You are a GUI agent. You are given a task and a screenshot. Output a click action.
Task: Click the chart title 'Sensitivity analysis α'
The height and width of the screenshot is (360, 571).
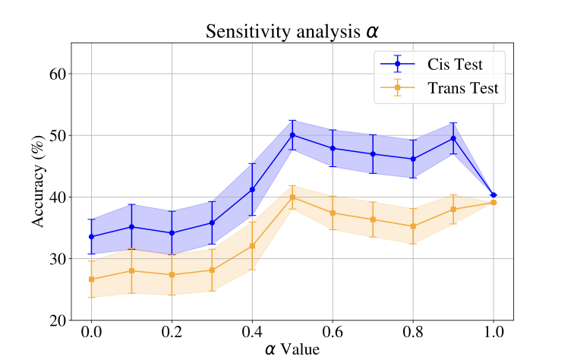pos(292,32)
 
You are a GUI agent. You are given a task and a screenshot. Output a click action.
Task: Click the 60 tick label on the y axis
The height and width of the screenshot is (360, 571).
pos(56,74)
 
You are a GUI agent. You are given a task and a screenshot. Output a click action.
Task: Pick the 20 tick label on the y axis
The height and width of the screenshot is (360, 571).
pos(56,321)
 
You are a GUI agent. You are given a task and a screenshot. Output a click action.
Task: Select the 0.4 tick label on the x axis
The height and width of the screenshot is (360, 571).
pos(252,333)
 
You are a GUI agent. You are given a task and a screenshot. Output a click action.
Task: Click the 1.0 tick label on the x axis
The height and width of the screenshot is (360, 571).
pos(494,333)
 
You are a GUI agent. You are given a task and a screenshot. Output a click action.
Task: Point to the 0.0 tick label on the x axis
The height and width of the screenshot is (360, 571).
pos(91,333)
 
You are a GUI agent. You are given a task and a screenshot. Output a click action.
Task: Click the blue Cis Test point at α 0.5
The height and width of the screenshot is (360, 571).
pos(292,135)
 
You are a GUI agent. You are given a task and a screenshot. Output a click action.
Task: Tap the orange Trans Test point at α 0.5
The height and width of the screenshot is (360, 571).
pos(292,197)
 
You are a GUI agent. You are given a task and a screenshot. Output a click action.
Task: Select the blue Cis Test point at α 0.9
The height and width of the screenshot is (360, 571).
pos(453,138)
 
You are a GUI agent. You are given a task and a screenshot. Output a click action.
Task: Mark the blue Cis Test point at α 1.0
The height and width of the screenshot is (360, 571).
pos(494,195)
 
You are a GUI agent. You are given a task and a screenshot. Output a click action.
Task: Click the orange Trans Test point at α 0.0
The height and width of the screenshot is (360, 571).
pos(91,279)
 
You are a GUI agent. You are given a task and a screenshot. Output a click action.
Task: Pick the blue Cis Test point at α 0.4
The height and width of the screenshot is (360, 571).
pos(252,189)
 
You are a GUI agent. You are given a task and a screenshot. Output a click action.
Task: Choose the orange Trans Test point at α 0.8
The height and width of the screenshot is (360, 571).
pos(413,226)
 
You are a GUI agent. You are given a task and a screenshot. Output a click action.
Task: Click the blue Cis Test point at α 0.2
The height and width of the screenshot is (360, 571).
pos(172,233)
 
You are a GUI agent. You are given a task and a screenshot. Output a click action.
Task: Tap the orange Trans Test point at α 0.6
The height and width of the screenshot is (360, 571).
pos(333,213)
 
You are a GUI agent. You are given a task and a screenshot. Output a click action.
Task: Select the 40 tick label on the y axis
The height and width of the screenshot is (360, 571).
pos(56,197)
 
